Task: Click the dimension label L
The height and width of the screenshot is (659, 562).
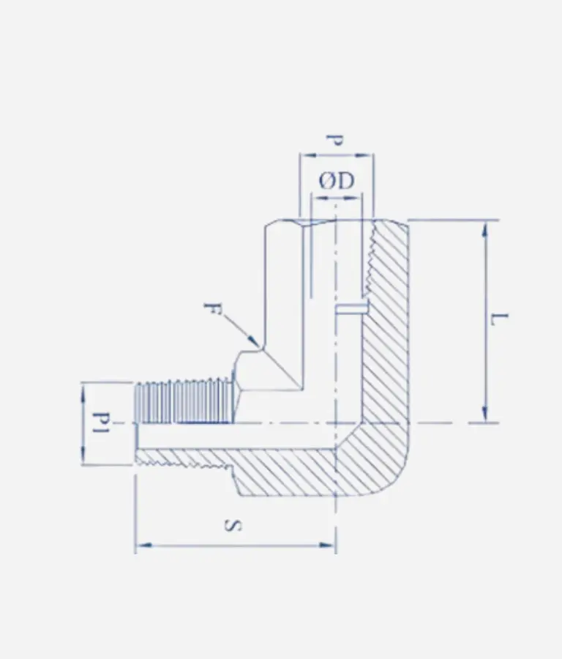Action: tap(499, 319)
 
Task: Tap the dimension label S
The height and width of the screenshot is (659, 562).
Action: tap(233, 525)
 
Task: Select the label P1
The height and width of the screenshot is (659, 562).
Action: tap(101, 424)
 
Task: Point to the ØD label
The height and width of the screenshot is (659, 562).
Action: tap(337, 181)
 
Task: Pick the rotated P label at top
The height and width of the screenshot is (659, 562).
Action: tap(335, 141)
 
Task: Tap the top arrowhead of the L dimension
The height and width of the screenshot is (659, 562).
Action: tap(485, 231)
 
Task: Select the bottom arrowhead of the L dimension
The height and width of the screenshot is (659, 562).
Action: tap(485, 413)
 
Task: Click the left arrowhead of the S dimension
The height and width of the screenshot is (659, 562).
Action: tap(144, 546)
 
